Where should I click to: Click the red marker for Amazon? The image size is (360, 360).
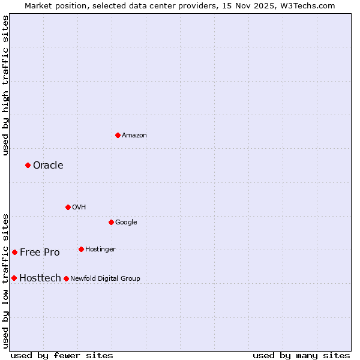click(118, 135)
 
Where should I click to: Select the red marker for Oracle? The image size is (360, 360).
click(28, 165)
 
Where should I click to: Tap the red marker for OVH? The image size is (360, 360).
click(68, 207)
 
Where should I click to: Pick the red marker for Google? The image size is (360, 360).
click(111, 222)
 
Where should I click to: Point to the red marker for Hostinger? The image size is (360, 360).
click(81, 249)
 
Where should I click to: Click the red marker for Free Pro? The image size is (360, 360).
click(14, 252)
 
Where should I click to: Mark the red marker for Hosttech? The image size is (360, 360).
click(14, 278)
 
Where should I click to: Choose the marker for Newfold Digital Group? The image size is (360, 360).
click(66, 278)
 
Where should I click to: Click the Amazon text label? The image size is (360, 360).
click(134, 136)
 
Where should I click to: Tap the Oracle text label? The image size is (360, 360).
click(48, 166)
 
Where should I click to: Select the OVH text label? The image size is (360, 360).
click(79, 208)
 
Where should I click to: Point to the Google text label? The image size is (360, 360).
click(126, 223)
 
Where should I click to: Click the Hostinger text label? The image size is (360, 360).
click(100, 250)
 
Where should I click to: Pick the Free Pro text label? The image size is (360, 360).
click(40, 253)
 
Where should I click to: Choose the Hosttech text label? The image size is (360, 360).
click(40, 278)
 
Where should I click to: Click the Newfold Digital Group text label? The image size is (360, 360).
click(105, 279)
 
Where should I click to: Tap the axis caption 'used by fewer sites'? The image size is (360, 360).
click(62, 355)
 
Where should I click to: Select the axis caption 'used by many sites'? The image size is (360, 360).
click(301, 355)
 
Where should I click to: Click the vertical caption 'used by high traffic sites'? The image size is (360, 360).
click(5, 85)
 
